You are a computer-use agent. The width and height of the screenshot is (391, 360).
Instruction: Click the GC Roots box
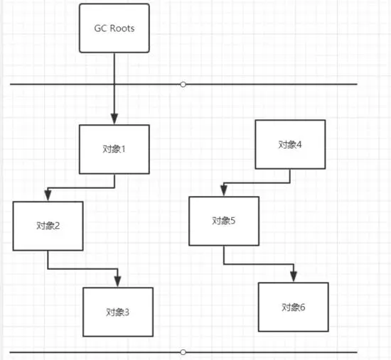pos(114,28)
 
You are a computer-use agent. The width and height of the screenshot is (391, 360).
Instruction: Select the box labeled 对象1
pos(114,149)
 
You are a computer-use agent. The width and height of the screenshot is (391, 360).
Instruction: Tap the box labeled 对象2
pos(48,226)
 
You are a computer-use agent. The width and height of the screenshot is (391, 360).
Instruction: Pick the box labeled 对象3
pos(117,312)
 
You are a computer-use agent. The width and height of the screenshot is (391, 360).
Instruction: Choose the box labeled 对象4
pos(289,144)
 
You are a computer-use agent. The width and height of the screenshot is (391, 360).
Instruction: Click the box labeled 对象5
pos(223,221)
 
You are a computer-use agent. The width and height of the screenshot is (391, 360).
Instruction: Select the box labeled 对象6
pos(293,307)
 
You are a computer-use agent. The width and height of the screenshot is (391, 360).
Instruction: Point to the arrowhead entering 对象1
pos(114,120)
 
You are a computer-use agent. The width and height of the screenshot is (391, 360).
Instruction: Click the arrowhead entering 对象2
pos(47,197)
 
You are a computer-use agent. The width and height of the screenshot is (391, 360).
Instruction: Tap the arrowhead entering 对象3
pos(118,283)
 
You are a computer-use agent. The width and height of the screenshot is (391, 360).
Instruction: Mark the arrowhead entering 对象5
pos(223,192)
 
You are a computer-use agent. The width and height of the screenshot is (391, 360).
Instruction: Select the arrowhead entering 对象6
pos(293,278)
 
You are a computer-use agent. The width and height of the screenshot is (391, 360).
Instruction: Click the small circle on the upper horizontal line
pos(183,84)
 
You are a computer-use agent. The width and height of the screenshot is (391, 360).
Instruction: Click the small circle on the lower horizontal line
pos(183,351)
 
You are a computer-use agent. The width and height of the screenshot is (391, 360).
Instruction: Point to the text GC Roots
pos(114,28)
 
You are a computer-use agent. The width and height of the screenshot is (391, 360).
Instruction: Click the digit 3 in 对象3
pos(127,312)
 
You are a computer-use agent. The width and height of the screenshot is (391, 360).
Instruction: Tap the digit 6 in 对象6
pos(303,307)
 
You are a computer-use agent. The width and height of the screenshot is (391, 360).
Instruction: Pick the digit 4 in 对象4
pos(299,144)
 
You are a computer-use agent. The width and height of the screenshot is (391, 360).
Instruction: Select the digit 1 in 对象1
pos(124,150)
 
